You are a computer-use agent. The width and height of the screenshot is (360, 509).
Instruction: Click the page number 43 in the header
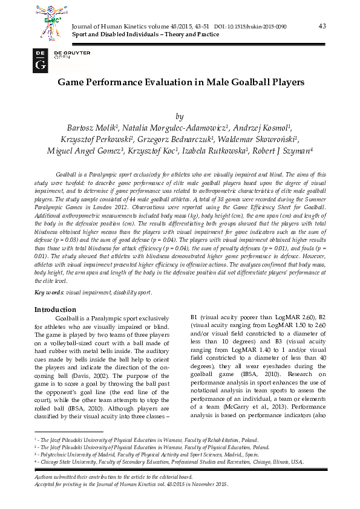coord(321,25)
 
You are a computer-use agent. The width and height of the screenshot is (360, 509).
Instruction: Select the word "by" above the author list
coord(178,117)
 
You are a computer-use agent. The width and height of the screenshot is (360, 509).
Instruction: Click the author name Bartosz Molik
coord(91,128)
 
